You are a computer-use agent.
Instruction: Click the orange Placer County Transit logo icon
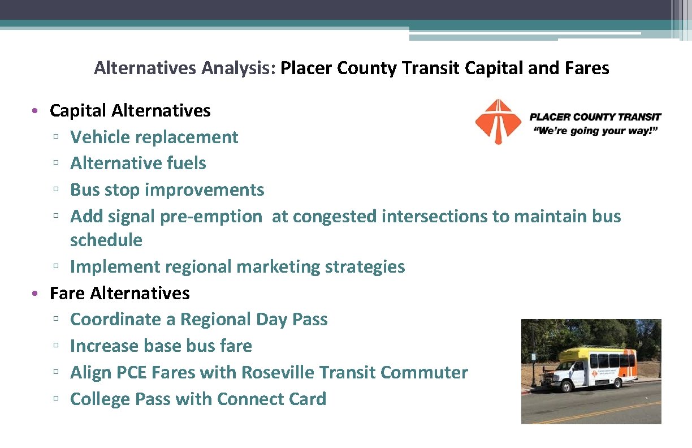click(498, 121)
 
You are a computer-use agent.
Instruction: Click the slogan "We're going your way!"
click(595, 131)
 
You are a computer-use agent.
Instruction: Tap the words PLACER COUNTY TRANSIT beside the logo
click(595, 117)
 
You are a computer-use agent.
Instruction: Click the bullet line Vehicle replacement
click(154, 137)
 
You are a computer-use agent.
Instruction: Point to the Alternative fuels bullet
click(138, 163)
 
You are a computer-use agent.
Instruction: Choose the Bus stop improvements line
click(167, 189)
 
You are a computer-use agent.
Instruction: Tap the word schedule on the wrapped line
click(106, 240)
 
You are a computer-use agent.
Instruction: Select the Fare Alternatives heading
click(119, 293)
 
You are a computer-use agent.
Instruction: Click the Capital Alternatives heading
click(130, 110)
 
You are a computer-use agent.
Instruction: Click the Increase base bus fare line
click(161, 346)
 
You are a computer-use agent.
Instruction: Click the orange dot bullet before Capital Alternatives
click(35, 111)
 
